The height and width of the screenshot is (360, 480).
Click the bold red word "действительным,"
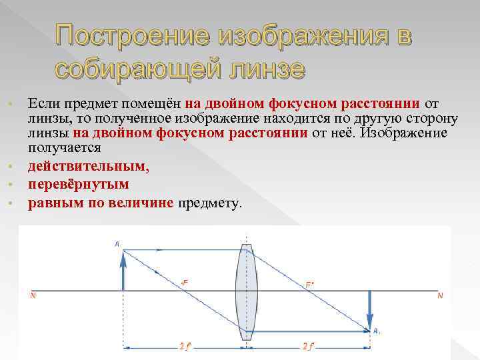(x=89, y=166)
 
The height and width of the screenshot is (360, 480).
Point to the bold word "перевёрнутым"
(x=79, y=184)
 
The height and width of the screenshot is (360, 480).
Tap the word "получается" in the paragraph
(x=64, y=148)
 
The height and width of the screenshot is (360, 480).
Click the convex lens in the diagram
(x=246, y=294)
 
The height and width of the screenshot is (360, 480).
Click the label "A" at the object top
(x=117, y=245)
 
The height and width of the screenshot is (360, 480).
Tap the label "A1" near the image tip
(x=377, y=330)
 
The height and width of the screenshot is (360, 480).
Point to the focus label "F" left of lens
(x=184, y=282)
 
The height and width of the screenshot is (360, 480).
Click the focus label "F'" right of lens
(x=310, y=283)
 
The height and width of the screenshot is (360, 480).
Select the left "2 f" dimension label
(x=185, y=346)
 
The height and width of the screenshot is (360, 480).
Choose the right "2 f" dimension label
(x=309, y=346)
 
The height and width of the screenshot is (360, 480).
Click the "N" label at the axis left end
(x=33, y=295)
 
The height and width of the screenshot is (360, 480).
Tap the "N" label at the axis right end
(x=439, y=295)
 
